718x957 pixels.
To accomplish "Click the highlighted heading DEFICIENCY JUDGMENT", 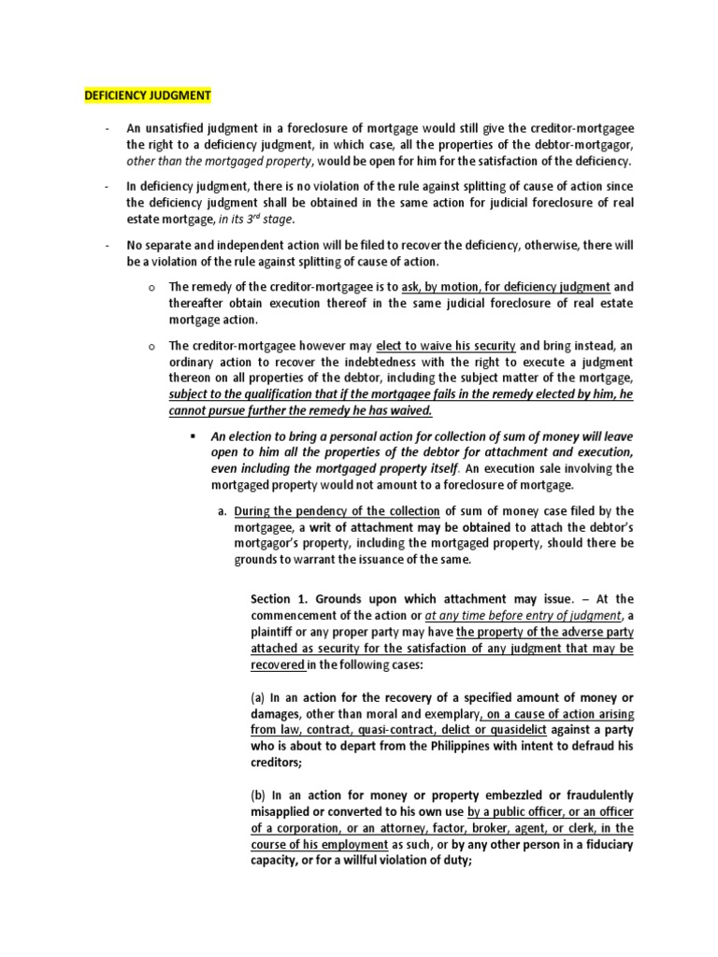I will coord(149,95).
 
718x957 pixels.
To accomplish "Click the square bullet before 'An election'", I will coord(193,436).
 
